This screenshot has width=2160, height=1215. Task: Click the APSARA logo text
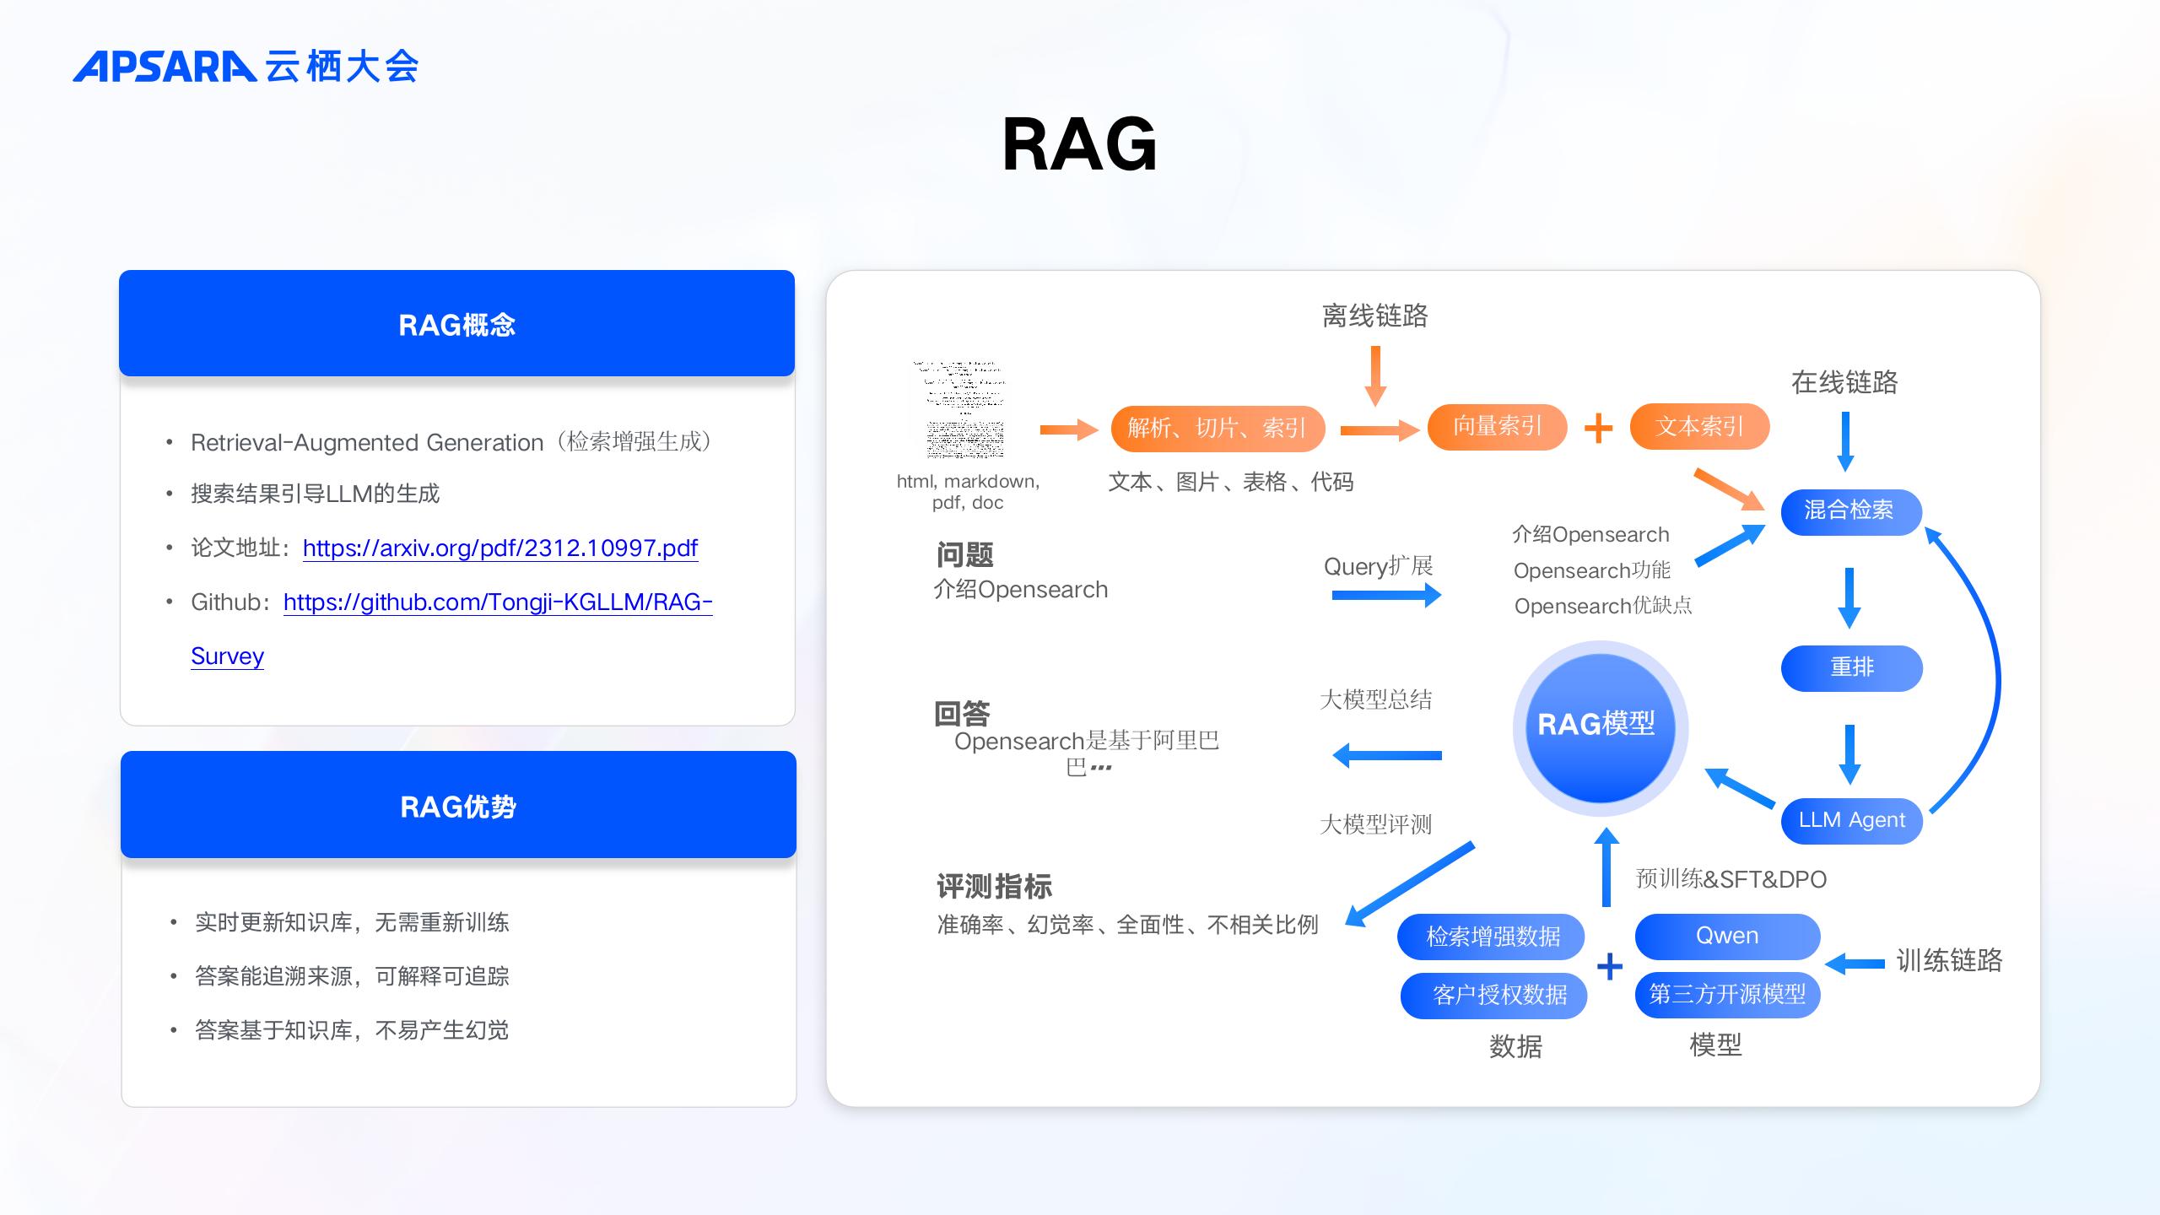(x=165, y=67)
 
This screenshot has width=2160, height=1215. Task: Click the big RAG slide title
(x=1079, y=145)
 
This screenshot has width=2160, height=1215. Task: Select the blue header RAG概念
(x=456, y=324)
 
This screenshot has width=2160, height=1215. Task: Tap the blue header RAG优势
(x=458, y=806)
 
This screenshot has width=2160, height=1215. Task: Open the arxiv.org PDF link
(x=499, y=548)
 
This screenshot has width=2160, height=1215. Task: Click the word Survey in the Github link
(x=227, y=656)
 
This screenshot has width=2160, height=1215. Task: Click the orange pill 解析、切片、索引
(x=1217, y=428)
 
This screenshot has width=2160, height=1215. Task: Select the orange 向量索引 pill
(x=1497, y=426)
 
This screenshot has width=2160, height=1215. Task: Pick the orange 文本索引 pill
(x=1699, y=426)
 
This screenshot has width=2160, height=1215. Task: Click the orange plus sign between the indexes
(x=1598, y=428)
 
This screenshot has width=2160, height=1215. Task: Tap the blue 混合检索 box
(x=1850, y=510)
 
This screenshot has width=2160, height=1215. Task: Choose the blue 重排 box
(x=1851, y=667)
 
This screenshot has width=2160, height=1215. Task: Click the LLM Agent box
(x=1851, y=820)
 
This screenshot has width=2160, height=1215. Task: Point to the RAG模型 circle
(x=1600, y=726)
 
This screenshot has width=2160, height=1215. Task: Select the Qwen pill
(x=1727, y=936)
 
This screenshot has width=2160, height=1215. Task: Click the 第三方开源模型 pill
(x=1727, y=995)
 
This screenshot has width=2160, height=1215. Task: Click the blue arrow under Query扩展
(x=1385, y=596)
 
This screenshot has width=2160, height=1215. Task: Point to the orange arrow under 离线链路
(x=1375, y=375)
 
